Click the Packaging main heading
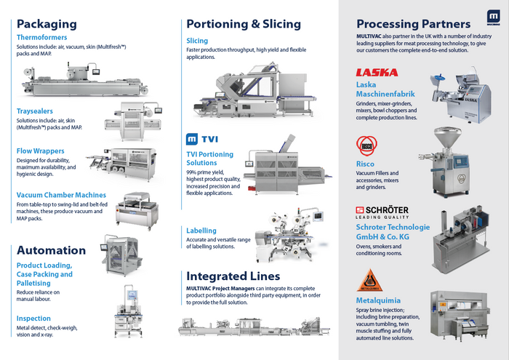(47, 23)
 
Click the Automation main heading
(52, 250)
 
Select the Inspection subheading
(33, 319)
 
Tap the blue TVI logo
(207, 139)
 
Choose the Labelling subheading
(201, 231)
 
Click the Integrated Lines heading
(233, 276)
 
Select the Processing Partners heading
(413, 23)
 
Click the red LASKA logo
(377, 73)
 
